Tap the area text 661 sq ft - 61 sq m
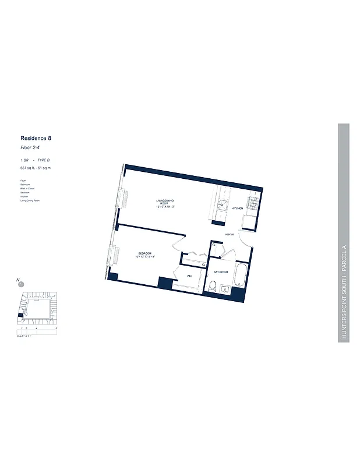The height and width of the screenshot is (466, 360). tap(36, 168)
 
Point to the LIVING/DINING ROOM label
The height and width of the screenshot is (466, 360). tap(165, 204)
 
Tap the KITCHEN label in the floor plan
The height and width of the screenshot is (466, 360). tap(238, 208)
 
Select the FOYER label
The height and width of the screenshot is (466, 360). tap(230, 235)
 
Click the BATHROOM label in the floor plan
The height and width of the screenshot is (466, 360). tap(221, 272)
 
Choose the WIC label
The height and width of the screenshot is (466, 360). tap(190, 276)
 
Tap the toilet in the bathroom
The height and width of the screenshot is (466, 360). tap(213, 286)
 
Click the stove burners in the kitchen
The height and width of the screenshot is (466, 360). tap(253, 203)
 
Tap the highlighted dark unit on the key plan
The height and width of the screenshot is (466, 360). tap(20, 315)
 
